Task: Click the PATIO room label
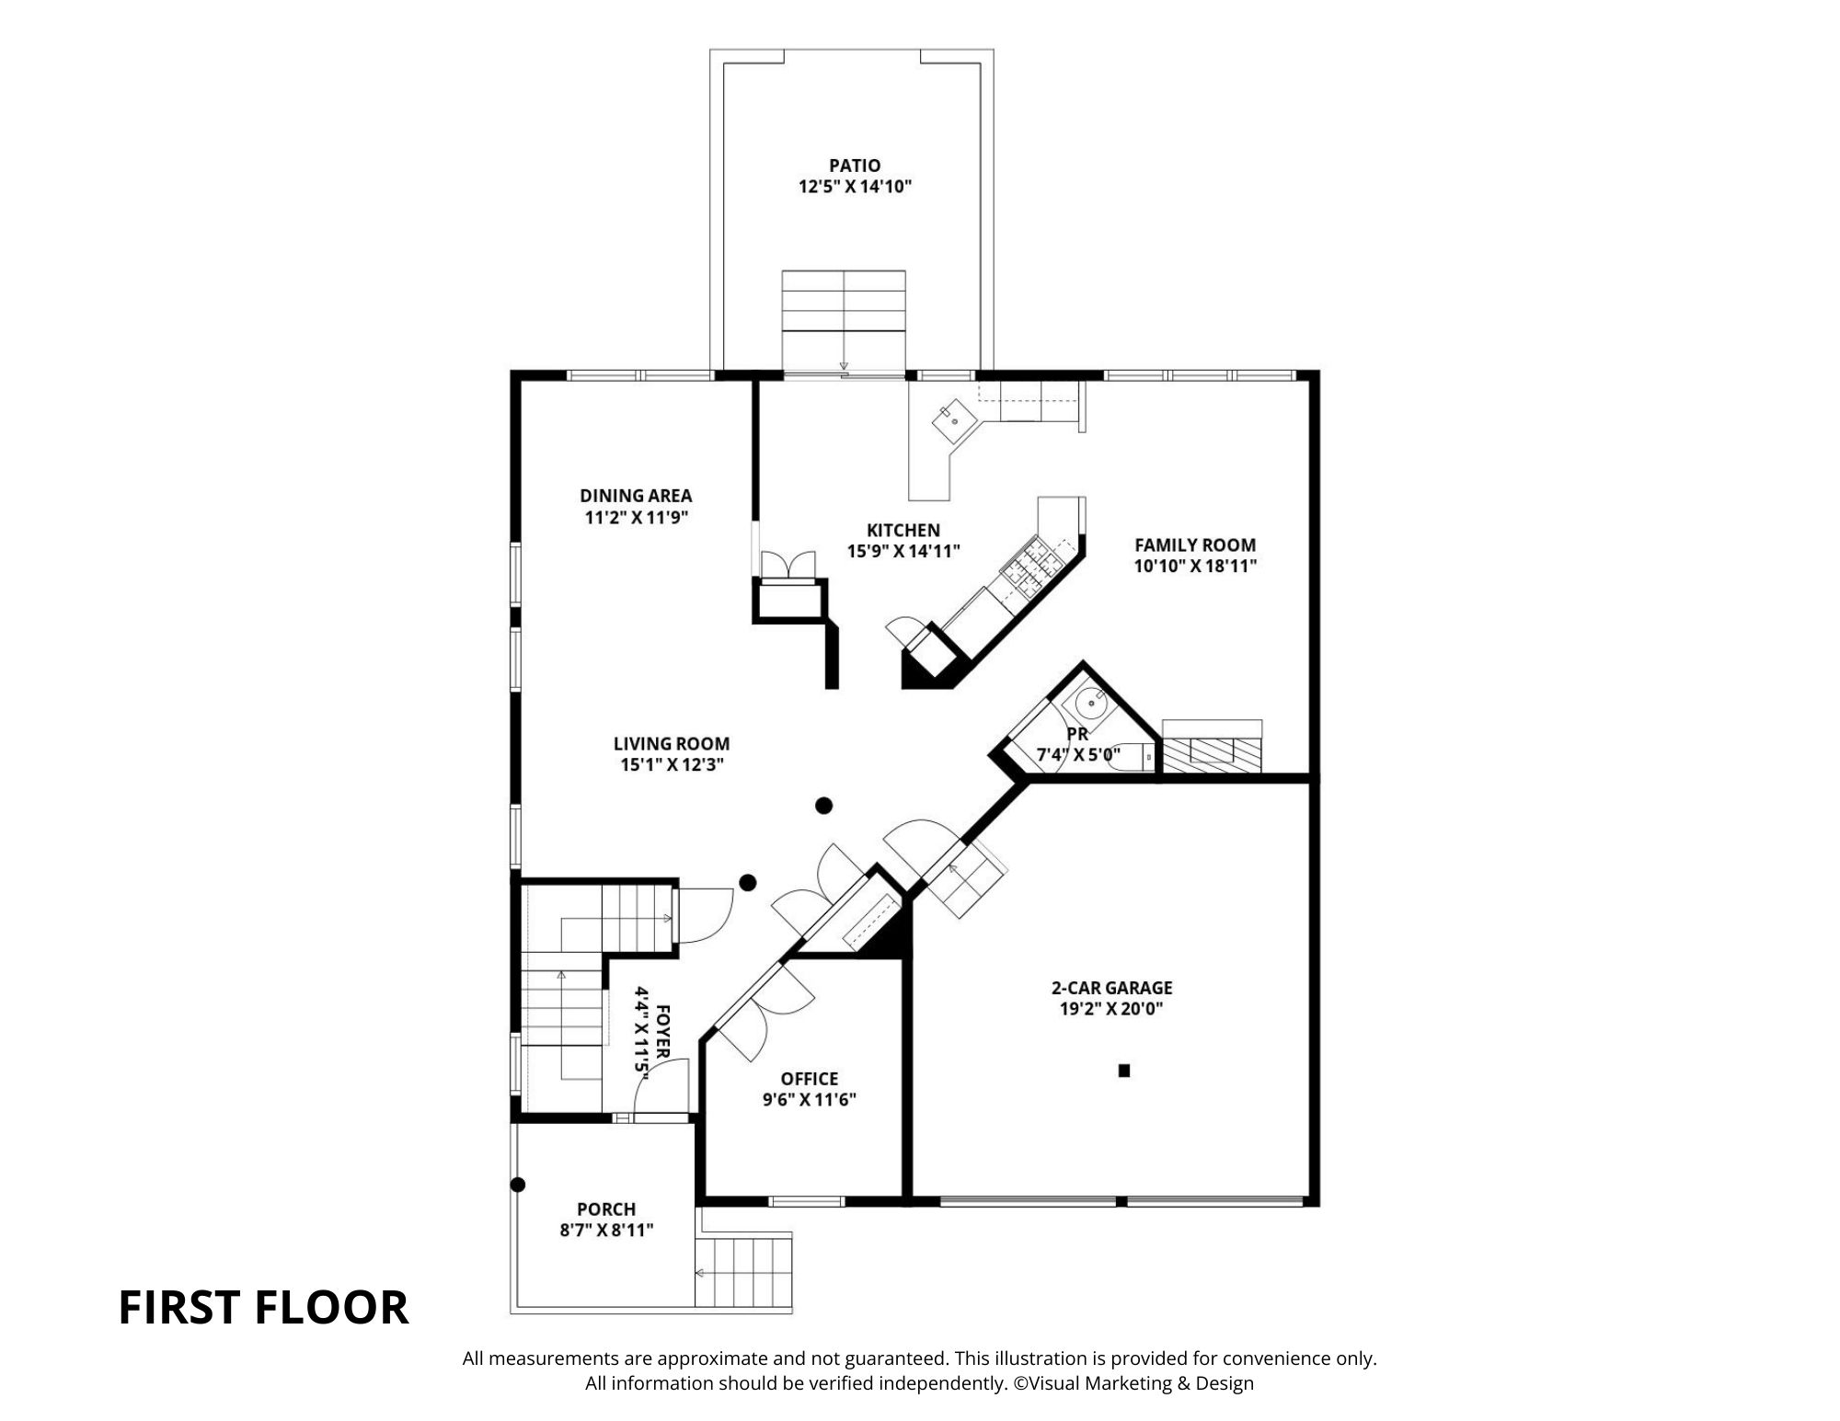point(855,166)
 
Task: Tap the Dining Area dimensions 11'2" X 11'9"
point(637,517)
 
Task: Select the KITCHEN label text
point(903,530)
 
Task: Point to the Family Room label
point(1195,544)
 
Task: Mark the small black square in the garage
point(1123,1071)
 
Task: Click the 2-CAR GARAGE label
point(1111,988)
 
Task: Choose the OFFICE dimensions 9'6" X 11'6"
point(810,1100)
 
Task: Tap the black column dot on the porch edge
point(518,1185)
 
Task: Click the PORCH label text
point(606,1209)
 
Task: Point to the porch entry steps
point(743,1272)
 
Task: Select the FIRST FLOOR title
point(264,1308)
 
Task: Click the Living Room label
point(672,743)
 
